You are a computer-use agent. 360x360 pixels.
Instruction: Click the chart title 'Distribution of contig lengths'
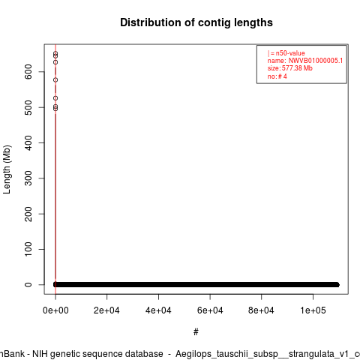pos(196,22)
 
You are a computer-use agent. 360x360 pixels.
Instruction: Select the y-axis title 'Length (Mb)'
pos(7,169)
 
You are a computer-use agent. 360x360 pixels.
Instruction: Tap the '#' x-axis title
pos(196,332)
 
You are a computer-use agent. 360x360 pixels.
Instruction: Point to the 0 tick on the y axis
pos(28,285)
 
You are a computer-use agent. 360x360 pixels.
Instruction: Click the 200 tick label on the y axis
pos(28,214)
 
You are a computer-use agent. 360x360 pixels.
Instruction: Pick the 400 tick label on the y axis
pos(28,143)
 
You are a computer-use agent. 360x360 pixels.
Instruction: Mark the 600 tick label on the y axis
pos(28,72)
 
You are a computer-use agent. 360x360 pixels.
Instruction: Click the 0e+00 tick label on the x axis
pos(55,310)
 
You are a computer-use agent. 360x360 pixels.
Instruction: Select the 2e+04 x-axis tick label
pos(106,310)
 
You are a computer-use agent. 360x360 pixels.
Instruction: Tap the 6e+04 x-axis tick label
pos(210,310)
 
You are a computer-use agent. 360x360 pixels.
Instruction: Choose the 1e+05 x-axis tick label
pos(313,310)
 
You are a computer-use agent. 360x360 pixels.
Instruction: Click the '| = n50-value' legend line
pos(286,53)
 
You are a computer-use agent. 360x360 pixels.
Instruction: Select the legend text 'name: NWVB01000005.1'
pos(305,61)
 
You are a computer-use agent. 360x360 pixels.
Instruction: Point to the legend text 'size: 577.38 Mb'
pos(290,68)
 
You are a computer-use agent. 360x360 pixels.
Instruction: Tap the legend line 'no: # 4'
pos(277,76)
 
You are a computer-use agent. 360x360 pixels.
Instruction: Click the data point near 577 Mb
pos(55,80)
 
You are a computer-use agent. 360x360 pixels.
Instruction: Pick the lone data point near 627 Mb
pos(55,62)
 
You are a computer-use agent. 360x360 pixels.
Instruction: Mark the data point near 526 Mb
pos(55,98)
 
